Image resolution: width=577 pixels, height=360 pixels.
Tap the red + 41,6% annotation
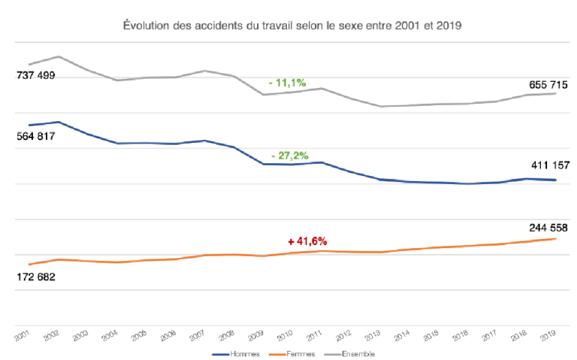click(307, 241)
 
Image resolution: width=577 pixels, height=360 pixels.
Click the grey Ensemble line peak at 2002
click(59, 56)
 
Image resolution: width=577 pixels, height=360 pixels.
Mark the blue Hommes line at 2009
click(263, 164)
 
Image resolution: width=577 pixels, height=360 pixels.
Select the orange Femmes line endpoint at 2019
click(555, 239)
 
